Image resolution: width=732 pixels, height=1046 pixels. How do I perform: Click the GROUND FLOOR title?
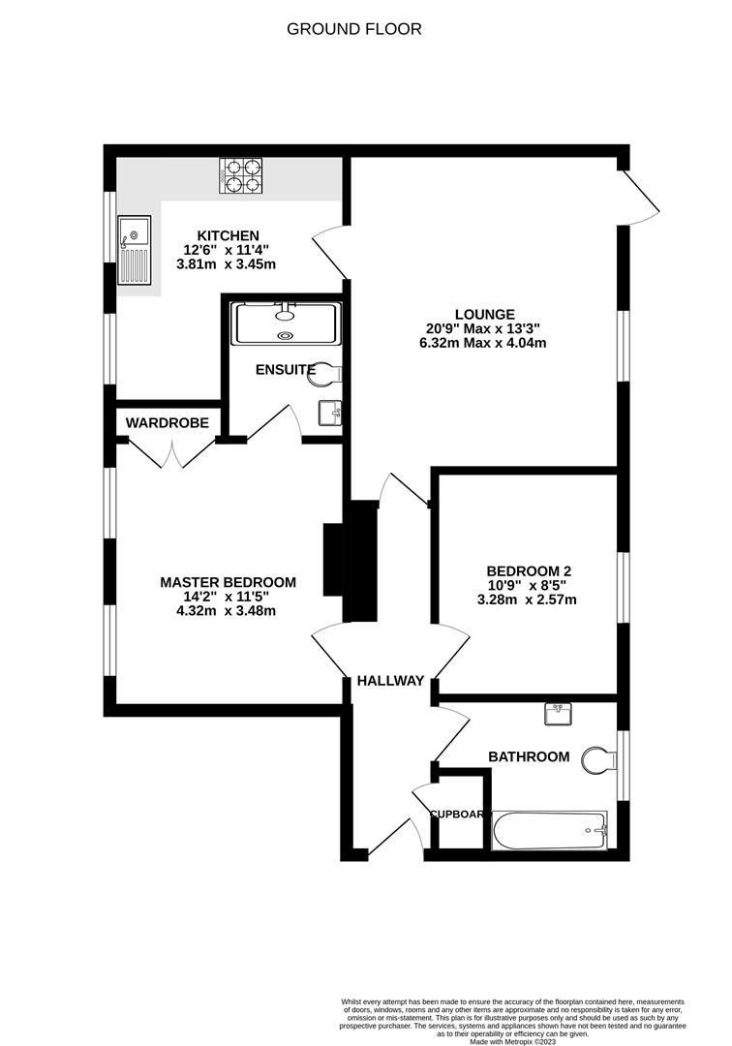(353, 29)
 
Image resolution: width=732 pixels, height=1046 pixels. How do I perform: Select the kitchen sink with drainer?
(134, 251)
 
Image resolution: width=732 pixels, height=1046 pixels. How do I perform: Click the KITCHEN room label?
(229, 235)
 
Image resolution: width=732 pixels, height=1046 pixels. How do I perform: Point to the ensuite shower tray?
(285, 323)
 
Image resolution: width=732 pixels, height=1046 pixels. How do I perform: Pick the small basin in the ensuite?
(330, 414)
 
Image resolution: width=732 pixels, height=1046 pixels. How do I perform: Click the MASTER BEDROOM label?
(228, 582)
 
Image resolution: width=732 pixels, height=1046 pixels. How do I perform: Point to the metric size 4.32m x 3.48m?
(228, 610)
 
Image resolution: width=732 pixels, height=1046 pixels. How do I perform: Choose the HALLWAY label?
(390, 681)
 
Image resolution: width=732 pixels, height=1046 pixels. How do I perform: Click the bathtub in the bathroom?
(549, 830)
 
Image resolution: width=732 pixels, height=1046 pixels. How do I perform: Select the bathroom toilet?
(597, 759)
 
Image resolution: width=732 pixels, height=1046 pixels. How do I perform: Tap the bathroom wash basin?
(560, 714)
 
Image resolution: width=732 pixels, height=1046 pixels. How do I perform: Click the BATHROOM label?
(529, 756)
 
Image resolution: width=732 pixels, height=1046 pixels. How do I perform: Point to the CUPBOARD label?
(457, 815)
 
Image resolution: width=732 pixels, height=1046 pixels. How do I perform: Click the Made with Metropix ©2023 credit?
(512, 1041)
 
